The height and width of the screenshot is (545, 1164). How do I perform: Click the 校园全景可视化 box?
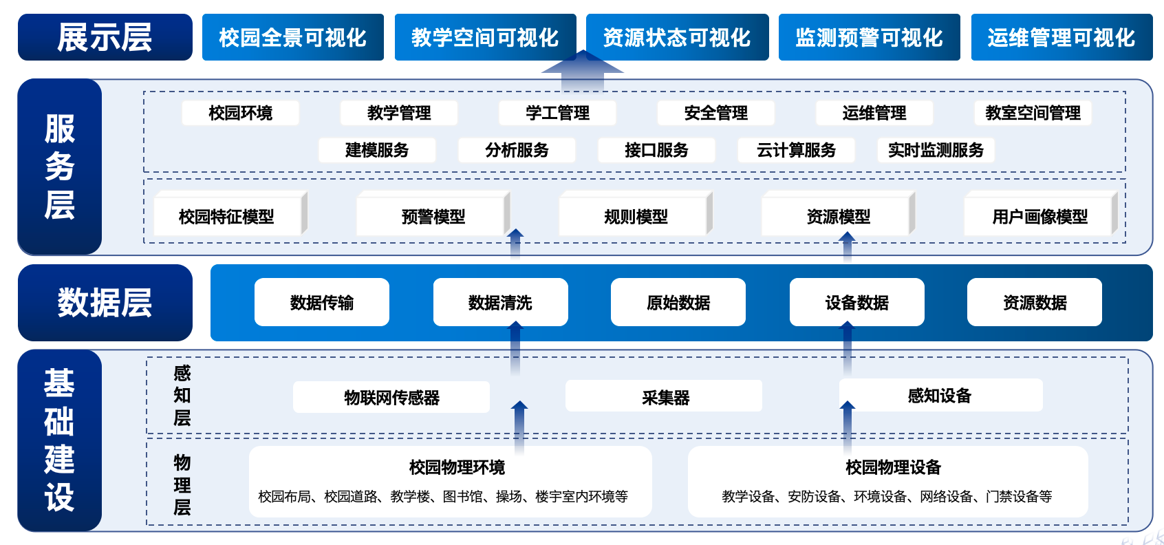click(292, 37)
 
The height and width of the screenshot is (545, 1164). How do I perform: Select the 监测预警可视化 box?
click(869, 37)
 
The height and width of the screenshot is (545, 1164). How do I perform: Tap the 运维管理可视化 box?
click(1061, 37)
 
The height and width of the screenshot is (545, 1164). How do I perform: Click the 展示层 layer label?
click(105, 37)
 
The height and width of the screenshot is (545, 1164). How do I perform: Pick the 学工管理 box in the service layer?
click(557, 113)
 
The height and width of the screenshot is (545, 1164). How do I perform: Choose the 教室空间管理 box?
click(1033, 113)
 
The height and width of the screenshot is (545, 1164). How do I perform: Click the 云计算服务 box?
click(796, 150)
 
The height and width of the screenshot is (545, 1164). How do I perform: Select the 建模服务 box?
click(377, 150)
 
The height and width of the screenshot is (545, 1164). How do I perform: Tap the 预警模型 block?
click(433, 217)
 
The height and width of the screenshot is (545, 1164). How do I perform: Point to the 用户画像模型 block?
click(1039, 217)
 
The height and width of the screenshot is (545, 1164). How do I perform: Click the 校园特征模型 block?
click(226, 217)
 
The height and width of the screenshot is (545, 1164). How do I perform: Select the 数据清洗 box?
click(500, 302)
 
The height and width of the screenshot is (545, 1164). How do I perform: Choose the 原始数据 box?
click(678, 302)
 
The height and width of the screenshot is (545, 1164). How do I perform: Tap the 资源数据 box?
click(1035, 302)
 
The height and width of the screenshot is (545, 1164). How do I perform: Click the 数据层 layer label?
click(105, 303)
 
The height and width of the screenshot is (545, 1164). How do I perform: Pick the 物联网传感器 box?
click(391, 397)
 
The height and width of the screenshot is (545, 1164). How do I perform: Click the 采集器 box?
click(665, 397)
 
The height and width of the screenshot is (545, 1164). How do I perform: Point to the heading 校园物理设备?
click(893, 467)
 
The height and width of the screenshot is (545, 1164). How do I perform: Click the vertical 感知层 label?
click(182, 396)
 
